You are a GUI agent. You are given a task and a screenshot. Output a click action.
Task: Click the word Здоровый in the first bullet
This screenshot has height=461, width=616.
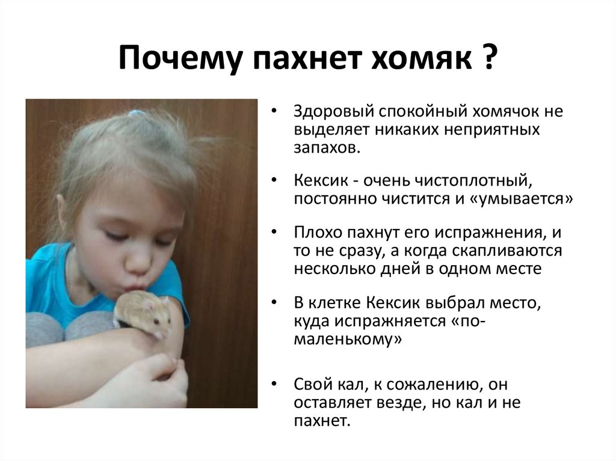[x=333, y=112]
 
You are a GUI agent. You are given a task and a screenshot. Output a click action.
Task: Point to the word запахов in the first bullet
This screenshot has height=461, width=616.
[x=325, y=148]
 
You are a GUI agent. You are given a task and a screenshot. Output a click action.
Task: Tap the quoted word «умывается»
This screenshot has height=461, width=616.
[x=521, y=200]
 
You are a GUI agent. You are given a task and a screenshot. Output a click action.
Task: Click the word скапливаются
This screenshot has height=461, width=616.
[x=507, y=251]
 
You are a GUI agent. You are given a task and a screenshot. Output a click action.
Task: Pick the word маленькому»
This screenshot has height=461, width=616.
[x=348, y=339]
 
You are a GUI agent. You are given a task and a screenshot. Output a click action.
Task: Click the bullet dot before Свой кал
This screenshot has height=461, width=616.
[x=274, y=383]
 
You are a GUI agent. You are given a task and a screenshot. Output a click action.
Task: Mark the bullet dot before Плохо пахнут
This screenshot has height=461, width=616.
[x=274, y=231]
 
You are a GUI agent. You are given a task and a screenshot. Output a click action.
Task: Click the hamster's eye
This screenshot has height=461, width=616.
[x=156, y=322]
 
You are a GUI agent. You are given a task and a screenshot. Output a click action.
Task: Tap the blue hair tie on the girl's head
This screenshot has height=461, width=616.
[x=136, y=113]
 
